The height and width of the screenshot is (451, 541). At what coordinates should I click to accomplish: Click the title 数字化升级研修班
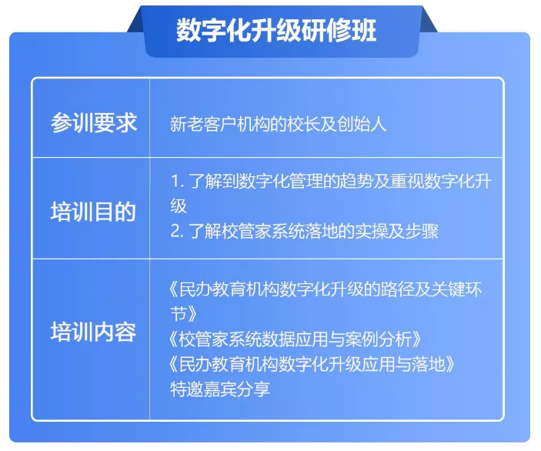point(276,30)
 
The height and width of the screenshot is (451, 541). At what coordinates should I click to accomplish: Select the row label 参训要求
point(94,122)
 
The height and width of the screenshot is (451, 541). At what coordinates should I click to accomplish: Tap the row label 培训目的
point(93,212)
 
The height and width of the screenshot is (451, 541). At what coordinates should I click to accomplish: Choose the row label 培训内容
point(93,332)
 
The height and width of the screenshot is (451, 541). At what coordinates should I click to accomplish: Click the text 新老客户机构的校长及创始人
point(278,124)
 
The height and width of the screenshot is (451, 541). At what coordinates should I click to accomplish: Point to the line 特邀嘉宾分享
point(220,389)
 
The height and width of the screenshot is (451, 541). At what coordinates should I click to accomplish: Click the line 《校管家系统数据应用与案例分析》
point(296,339)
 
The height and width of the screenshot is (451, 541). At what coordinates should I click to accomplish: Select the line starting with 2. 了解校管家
point(304,231)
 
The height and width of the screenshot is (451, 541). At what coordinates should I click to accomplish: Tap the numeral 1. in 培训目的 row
point(177,181)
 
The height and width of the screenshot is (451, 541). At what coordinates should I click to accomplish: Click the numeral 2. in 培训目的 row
point(177,231)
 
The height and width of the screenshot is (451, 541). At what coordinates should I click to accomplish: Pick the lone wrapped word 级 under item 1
point(179,206)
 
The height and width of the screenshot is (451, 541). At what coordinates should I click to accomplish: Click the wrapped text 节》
point(184,314)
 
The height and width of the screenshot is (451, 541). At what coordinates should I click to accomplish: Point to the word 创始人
point(362,124)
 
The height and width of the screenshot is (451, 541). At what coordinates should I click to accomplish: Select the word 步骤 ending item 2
point(422,231)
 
